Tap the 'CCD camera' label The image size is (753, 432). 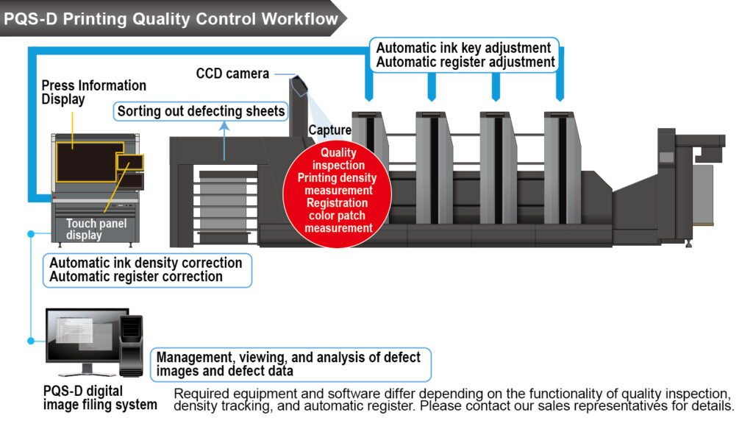click(x=232, y=74)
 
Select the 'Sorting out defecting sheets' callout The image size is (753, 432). click(x=201, y=112)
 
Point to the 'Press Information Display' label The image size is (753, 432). click(x=93, y=93)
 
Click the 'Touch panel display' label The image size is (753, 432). click(x=96, y=229)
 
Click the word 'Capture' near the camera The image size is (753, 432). click(x=329, y=130)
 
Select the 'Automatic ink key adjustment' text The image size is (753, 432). click(x=463, y=49)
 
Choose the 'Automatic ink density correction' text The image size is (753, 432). click(x=146, y=263)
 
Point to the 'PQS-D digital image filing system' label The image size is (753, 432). click(x=99, y=397)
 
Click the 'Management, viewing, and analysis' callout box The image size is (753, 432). click(x=290, y=364)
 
